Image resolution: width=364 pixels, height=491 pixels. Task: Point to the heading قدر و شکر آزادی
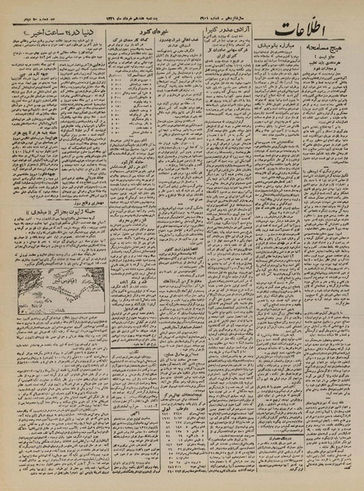(x=123, y=267)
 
